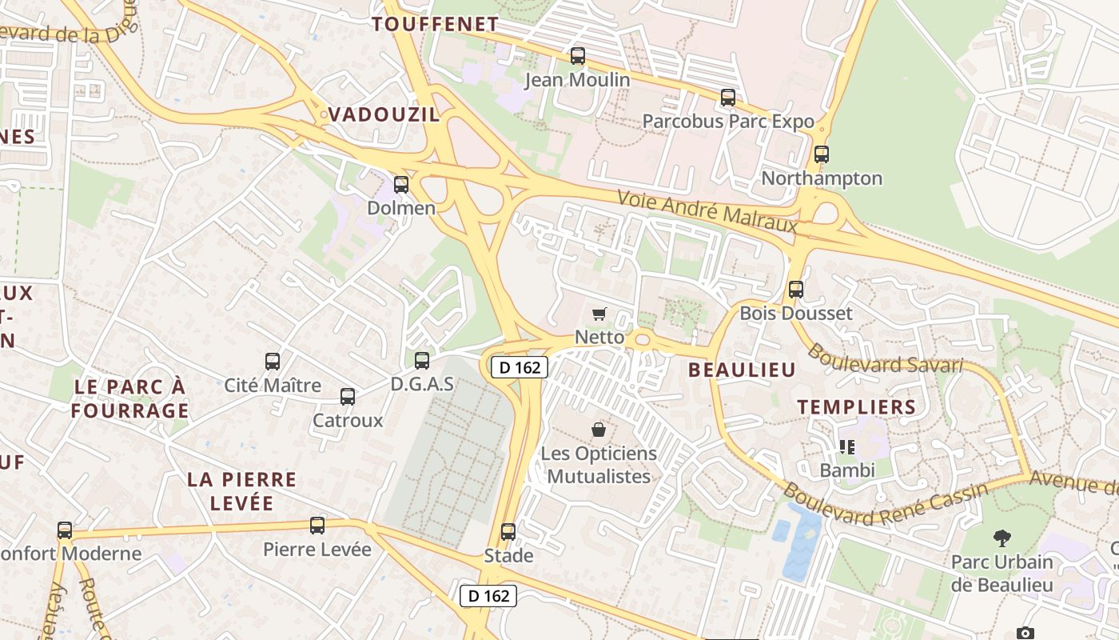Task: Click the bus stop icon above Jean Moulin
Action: tap(577, 56)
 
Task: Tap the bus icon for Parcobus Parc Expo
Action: tap(727, 98)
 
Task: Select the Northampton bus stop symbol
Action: tap(821, 154)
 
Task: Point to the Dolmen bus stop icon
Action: tap(401, 185)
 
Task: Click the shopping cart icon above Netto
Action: tap(599, 314)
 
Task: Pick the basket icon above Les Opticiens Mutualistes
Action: tap(598, 430)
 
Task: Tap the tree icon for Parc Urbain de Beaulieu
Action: tap(1002, 538)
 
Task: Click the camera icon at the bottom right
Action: tap(1025, 633)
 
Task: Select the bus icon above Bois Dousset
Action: tap(795, 290)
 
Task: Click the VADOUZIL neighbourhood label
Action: tap(384, 114)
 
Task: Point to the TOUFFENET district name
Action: tap(436, 24)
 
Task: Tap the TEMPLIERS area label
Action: tap(857, 406)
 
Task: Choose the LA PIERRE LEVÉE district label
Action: tap(241, 491)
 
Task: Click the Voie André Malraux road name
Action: tap(707, 211)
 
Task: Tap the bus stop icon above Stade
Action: tap(508, 531)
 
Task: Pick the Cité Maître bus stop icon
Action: tap(273, 362)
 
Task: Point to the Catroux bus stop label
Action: tap(348, 420)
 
